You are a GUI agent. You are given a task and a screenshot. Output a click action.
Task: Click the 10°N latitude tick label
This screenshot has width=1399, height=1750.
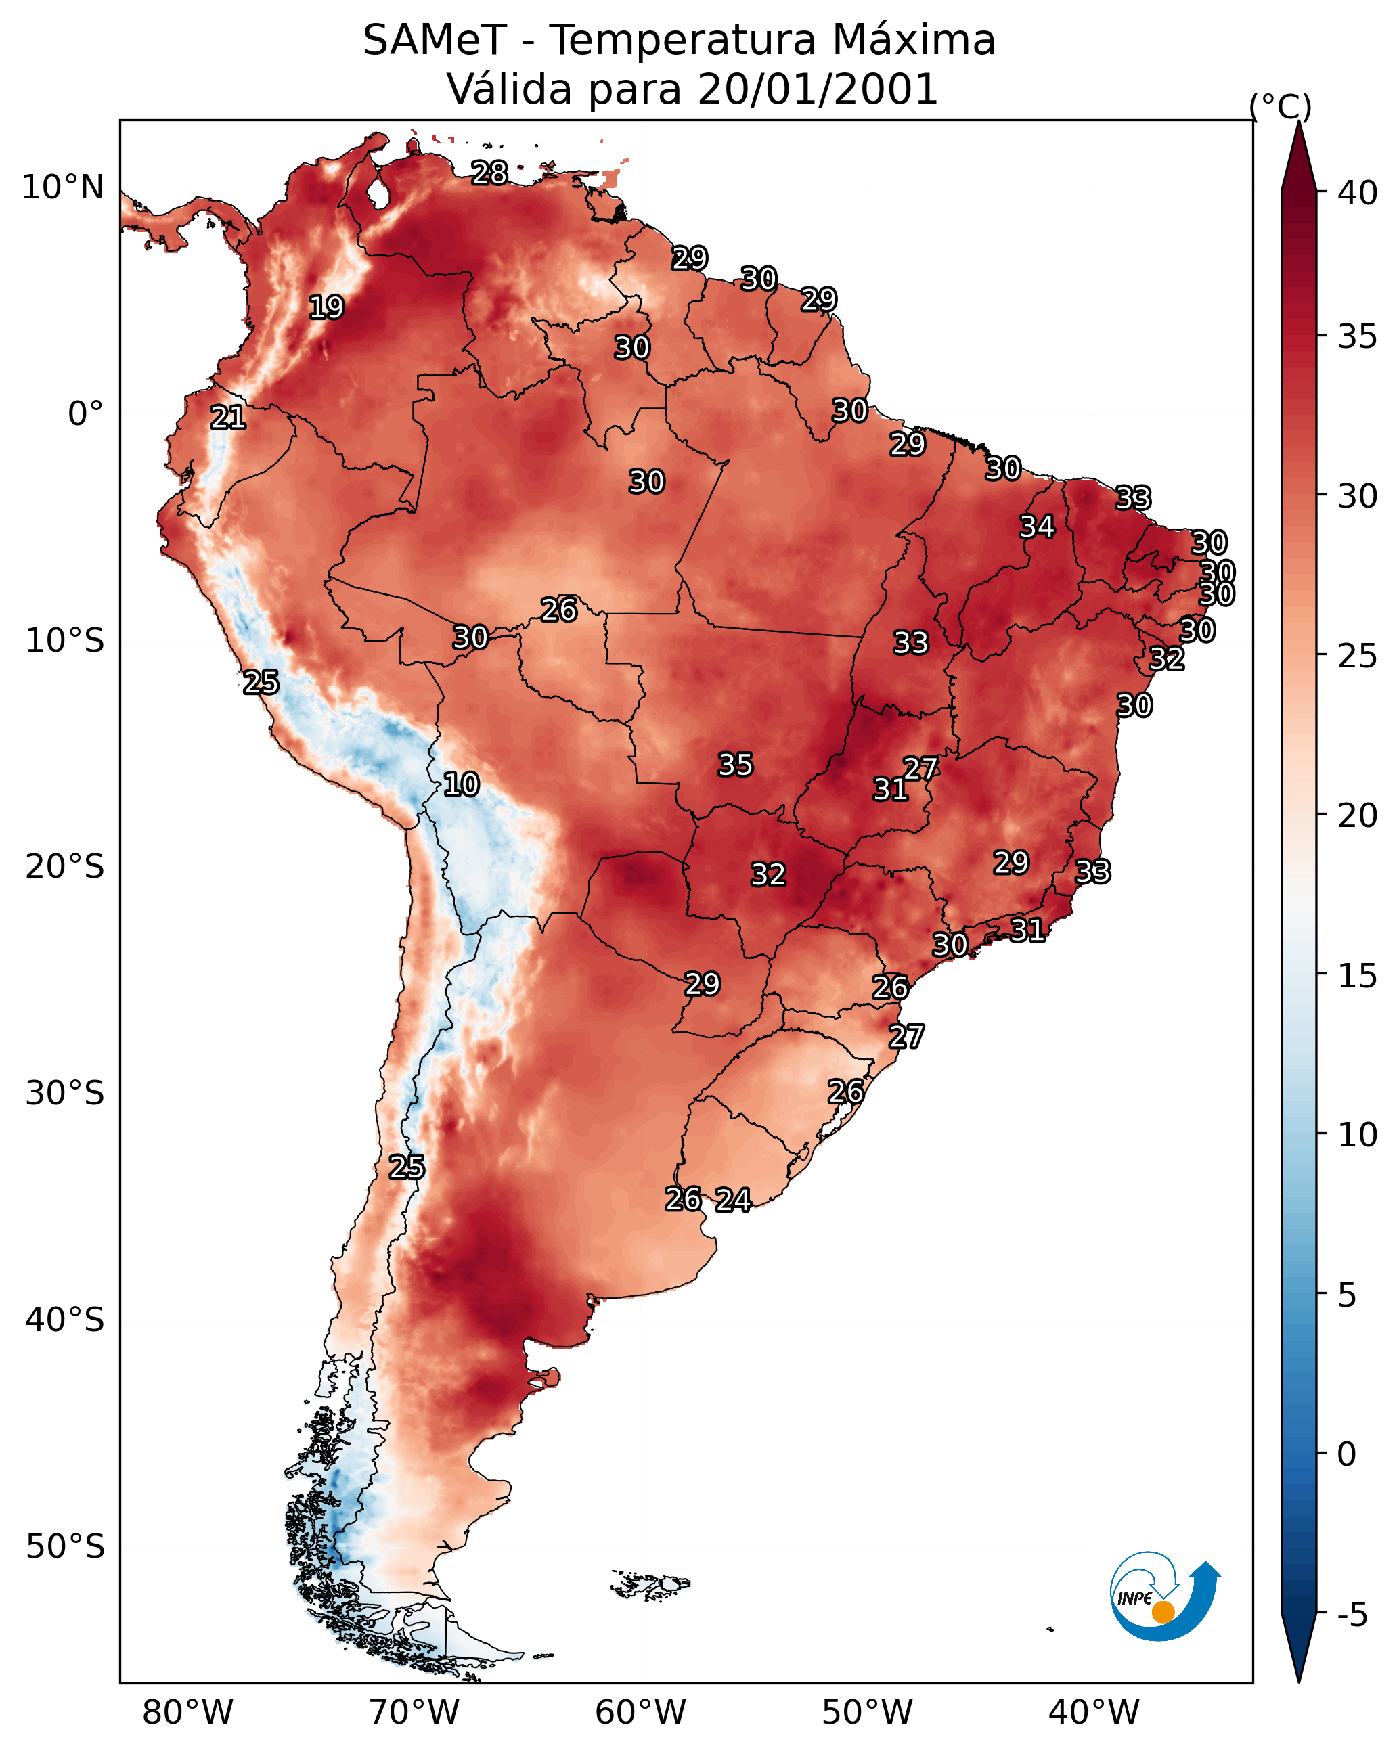point(62,187)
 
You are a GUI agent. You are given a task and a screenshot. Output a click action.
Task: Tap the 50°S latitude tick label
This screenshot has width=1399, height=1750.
point(65,1547)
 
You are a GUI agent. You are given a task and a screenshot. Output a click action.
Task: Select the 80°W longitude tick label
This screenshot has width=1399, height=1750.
point(187,1713)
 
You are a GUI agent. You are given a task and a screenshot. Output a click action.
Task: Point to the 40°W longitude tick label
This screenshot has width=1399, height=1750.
point(1094,1713)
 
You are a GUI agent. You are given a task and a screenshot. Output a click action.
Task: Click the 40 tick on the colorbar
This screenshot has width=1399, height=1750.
point(1358,193)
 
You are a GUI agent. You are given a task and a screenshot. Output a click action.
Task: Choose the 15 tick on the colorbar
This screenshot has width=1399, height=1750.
point(1358,976)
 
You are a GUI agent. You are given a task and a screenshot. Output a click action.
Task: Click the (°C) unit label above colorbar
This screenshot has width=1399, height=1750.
point(1281,106)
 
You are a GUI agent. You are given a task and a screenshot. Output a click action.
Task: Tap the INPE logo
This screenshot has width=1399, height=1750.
point(1165,1596)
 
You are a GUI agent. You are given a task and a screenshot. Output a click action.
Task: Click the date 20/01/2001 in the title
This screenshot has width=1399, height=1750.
point(818,89)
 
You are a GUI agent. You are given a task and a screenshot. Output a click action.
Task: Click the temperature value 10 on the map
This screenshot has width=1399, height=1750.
point(461,784)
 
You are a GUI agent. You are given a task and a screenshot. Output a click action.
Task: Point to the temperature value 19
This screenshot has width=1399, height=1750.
point(326,308)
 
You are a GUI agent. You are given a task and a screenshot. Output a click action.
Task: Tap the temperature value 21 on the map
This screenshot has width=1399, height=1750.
point(228,418)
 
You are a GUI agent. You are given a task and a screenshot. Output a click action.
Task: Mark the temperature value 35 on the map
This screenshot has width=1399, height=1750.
point(736,765)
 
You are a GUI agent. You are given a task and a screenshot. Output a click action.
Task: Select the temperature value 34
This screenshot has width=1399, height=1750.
point(1037,526)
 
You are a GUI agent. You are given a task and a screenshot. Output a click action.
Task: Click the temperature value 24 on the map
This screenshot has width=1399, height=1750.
point(733,1200)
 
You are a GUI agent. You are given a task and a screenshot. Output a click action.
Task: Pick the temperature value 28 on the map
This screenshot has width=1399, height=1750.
point(489,173)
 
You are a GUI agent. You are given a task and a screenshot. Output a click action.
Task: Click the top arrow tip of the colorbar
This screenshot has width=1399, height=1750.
point(1298,122)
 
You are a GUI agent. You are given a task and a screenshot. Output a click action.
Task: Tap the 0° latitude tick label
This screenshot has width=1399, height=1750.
point(86,414)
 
